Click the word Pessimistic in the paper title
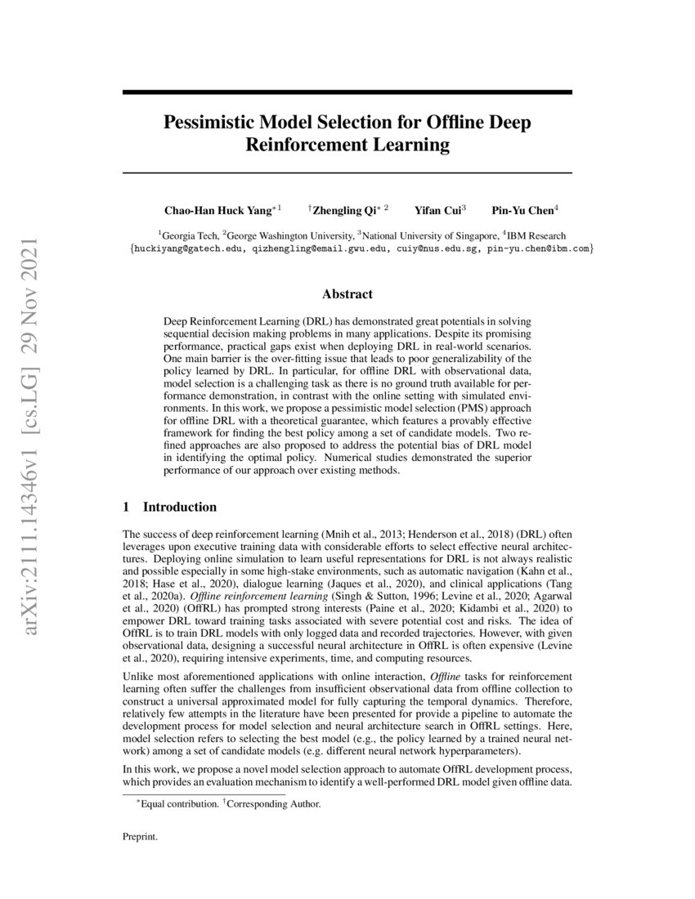click(x=208, y=123)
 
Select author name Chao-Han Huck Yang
click(x=216, y=210)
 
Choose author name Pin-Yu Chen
click(x=522, y=210)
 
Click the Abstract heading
click(x=347, y=294)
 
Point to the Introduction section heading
click(x=180, y=508)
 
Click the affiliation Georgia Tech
click(x=191, y=234)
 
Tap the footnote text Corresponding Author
click(x=274, y=804)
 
